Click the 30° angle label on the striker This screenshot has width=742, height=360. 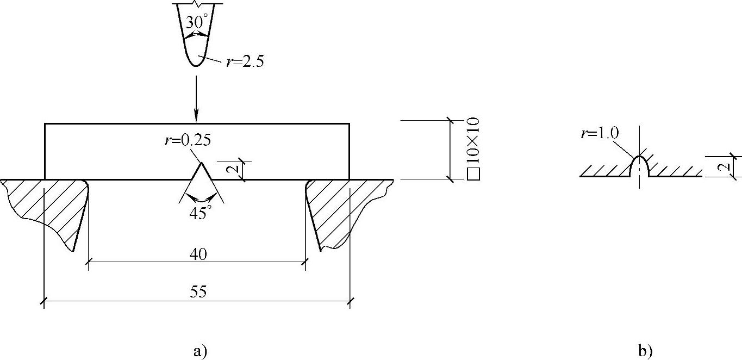[198, 23]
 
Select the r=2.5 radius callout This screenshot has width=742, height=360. [245, 61]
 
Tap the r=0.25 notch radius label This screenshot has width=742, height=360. [188, 140]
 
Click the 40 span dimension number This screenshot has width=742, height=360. [198, 255]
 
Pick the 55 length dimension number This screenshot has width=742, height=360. [198, 291]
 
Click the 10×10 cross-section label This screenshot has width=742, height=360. [473, 140]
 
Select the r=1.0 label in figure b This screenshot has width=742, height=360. [600, 133]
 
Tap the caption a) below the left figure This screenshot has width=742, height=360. [200, 351]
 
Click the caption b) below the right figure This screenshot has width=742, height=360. [645, 351]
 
